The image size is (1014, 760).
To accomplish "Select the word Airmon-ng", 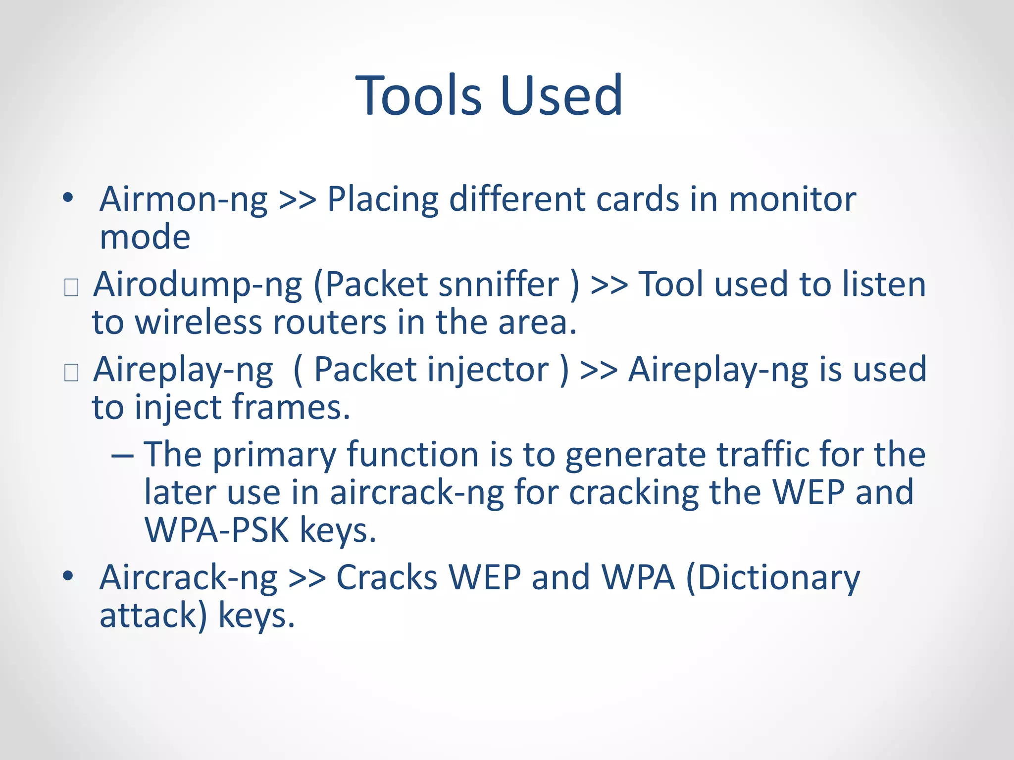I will (183, 199).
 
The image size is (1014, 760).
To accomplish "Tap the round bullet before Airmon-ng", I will (68, 198).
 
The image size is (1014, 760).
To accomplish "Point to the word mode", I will (145, 237).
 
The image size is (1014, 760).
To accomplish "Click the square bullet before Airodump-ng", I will (71, 287).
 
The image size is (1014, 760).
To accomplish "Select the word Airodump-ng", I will (198, 285).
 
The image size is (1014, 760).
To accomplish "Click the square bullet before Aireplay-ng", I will (71, 372).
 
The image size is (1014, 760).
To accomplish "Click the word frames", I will (291, 408).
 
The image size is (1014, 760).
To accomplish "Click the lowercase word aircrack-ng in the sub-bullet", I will (417, 493).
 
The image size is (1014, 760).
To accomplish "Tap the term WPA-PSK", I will (217, 530).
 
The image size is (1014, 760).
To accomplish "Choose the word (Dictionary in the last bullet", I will (773, 578).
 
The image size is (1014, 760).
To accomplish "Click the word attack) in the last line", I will (153, 616).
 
